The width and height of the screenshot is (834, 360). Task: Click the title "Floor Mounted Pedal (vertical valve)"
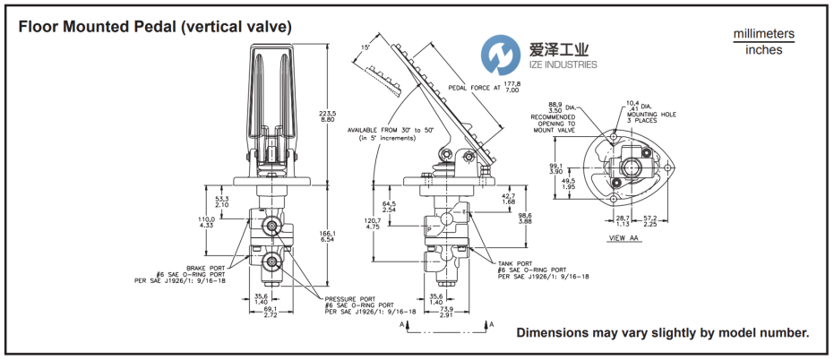(x=150, y=27)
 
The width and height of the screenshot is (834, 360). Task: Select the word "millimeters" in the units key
(x=763, y=34)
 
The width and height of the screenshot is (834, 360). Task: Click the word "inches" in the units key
(x=763, y=50)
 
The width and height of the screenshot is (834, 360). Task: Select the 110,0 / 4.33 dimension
(x=205, y=221)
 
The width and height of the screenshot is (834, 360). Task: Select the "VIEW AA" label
(x=625, y=238)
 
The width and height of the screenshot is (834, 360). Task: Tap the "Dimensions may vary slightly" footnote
(x=662, y=333)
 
